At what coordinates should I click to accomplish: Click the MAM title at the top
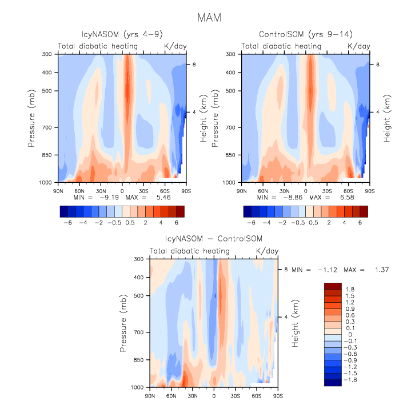coord(209,18)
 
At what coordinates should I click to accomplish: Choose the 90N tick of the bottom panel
coord(150,395)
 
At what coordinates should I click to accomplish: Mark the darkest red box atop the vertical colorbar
coord(333,286)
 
